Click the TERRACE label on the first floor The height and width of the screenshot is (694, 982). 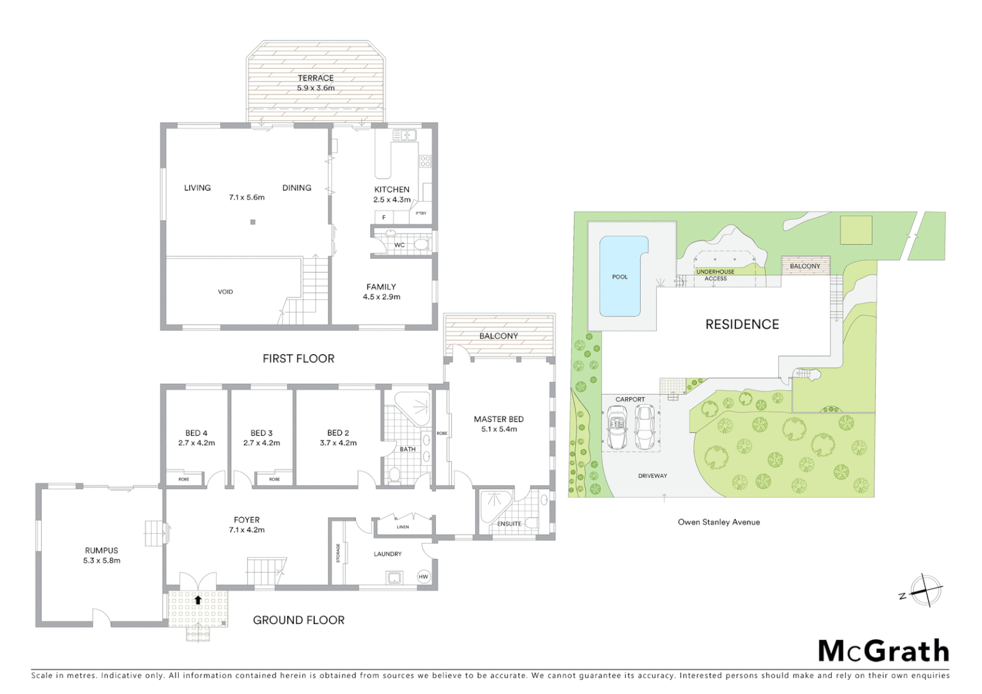click(x=316, y=78)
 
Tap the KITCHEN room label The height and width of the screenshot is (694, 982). click(x=391, y=190)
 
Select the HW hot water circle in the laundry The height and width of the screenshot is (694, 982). click(x=424, y=576)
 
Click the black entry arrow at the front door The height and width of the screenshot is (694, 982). click(x=198, y=600)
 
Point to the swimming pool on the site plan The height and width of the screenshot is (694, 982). click(x=621, y=276)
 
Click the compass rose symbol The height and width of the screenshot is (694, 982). click(x=925, y=590)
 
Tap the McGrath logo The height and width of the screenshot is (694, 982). click(x=883, y=651)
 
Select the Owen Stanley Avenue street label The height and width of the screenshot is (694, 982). click(x=719, y=522)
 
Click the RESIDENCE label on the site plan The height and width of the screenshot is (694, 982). click(x=742, y=325)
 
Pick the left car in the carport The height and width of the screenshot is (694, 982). click(x=618, y=428)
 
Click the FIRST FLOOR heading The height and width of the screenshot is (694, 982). click(x=298, y=359)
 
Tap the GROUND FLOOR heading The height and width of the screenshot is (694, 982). click(x=298, y=620)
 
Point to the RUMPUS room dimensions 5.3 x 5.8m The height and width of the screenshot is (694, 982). click(x=102, y=560)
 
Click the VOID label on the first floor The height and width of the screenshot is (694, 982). click(x=225, y=292)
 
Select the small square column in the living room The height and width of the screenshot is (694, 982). click(x=253, y=222)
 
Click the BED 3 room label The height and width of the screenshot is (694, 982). click(x=262, y=433)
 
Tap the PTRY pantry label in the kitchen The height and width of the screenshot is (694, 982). click(x=421, y=213)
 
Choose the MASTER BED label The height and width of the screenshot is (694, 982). click(x=499, y=419)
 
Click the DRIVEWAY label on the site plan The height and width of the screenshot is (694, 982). click(x=652, y=476)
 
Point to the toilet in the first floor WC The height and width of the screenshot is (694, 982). click(x=420, y=244)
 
